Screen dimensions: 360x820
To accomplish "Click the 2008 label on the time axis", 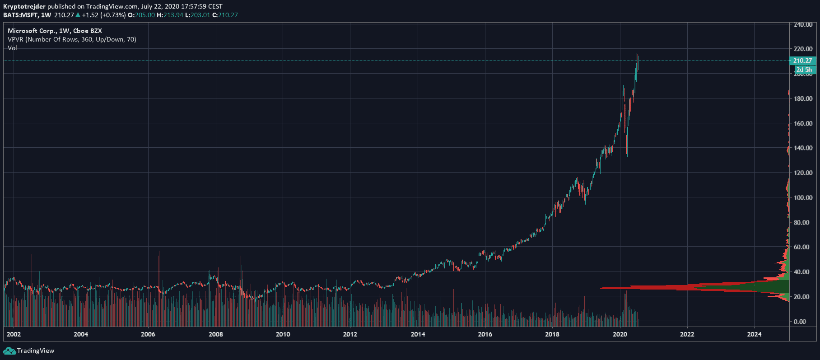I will coord(215,334).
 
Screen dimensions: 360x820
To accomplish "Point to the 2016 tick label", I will coord(485,334).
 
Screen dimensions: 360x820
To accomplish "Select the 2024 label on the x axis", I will coord(754,334).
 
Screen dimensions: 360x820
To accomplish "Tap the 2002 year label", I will coord(14,334).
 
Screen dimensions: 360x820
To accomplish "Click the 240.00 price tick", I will coord(803,24).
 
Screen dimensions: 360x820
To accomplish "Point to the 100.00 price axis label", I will coord(803,197).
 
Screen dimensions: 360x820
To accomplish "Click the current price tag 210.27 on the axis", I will coord(802,61).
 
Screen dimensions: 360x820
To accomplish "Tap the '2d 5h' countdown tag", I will coord(804,70).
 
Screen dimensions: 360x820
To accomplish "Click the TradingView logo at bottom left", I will coord(29,351).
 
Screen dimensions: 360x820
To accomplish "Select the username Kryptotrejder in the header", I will coord(24,6).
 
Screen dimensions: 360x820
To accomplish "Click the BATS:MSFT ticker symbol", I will coord(20,15).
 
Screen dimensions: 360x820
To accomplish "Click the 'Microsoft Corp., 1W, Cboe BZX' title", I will coord(55,31).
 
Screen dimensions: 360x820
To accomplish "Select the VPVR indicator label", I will coord(72,39).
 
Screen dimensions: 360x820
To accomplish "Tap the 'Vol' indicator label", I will coord(12,48).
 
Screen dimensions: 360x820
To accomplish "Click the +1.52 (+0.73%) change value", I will coord(103,15).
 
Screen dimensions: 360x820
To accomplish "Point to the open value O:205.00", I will coord(141,15).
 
